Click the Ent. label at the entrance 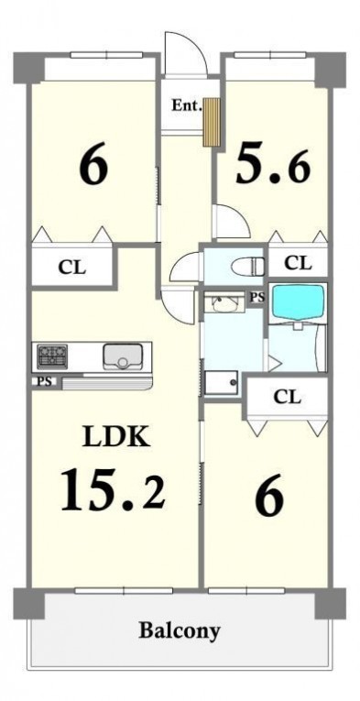tap(187, 106)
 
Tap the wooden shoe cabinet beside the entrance tap(212, 122)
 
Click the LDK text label tap(115, 437)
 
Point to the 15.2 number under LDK tap(113, 489)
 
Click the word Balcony tap(180, 630)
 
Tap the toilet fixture tap(248, 268)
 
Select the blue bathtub tap(298, 301)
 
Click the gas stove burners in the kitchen tap(52, 356)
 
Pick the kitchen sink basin tap(123, 356)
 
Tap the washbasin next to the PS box tap(224, 302)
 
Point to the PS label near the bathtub tap(256, 296)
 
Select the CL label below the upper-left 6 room tap(71, 268)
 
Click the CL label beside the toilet tap(298, 263)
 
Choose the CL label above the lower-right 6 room tap(287, 396)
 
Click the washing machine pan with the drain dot tap(222, 382)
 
